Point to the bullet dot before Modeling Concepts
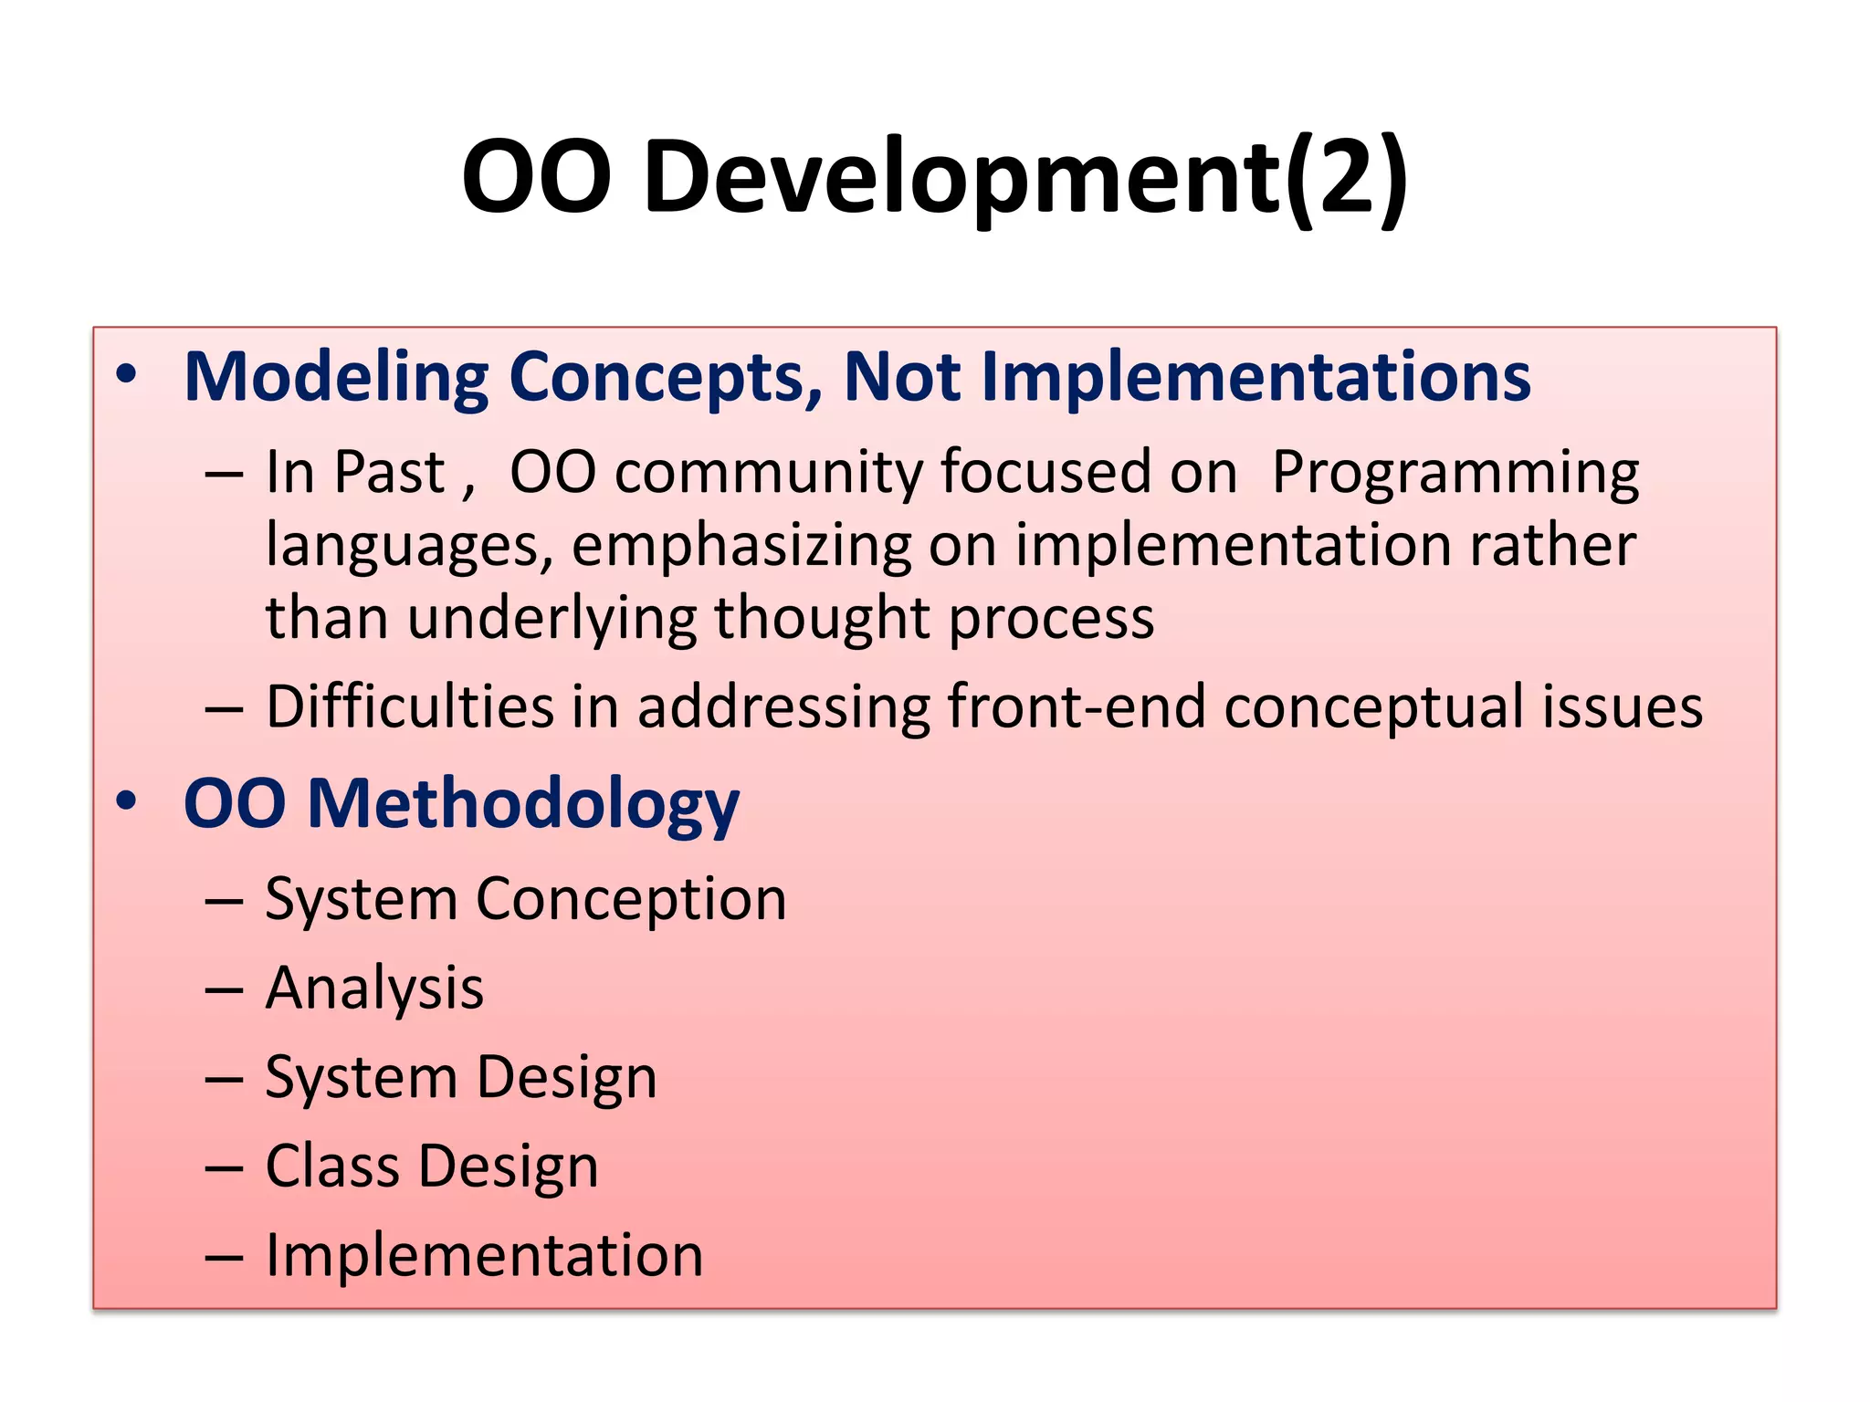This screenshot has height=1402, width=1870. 126,374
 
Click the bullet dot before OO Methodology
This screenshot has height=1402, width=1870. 126,801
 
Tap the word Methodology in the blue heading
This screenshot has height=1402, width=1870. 523,805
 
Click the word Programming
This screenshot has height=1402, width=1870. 1455,475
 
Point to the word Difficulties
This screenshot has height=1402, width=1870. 410,707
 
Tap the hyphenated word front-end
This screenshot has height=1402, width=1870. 1077,707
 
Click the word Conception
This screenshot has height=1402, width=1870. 631,901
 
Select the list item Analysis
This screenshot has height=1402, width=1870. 374,989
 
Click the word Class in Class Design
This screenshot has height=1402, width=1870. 332,1167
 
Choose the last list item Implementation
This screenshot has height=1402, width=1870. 484,1256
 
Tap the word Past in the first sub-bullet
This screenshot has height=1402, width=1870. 389,475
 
